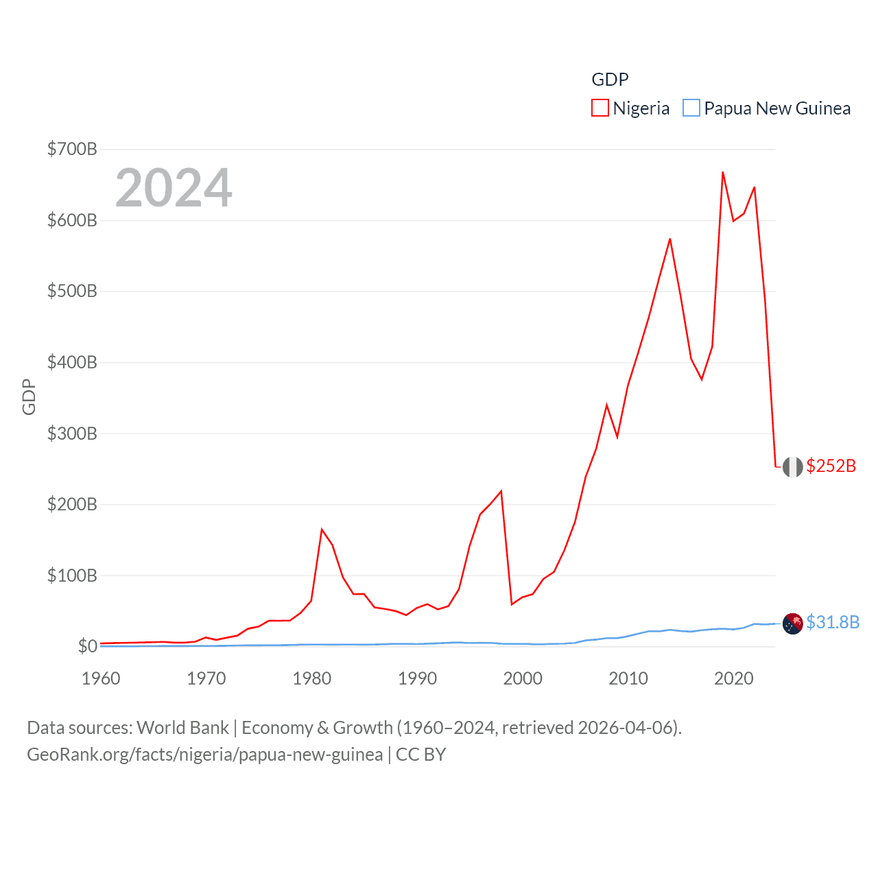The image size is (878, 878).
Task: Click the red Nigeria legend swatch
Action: click(600, 108)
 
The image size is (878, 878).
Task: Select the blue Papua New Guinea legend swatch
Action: click(691, 108)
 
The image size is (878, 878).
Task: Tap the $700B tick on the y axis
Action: click(72, 149)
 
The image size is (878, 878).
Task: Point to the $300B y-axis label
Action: click(72, 434)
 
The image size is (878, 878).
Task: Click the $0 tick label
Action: click(87, 646)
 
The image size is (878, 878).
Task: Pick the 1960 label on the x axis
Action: click(101, 678)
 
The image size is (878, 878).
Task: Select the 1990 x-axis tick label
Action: click(417, 678)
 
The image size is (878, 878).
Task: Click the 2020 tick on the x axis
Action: click(733, 678)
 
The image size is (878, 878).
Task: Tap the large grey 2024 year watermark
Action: click(174, 188)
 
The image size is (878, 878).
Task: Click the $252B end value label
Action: click(831, 466)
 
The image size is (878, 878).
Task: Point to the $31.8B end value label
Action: click(833, 622)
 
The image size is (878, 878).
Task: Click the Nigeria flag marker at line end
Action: click(792, 467)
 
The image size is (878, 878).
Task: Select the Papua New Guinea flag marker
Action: click(792, 624)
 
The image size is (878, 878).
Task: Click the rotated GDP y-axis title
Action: click(29, 396)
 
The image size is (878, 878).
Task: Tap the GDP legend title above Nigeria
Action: click(610, 80)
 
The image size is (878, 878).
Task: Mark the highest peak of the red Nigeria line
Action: click(723, 172)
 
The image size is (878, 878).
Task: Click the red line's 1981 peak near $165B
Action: click(322, 530)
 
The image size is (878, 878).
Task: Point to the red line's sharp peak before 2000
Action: click(501, 491)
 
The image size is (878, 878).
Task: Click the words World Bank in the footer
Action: click(182, 728)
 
